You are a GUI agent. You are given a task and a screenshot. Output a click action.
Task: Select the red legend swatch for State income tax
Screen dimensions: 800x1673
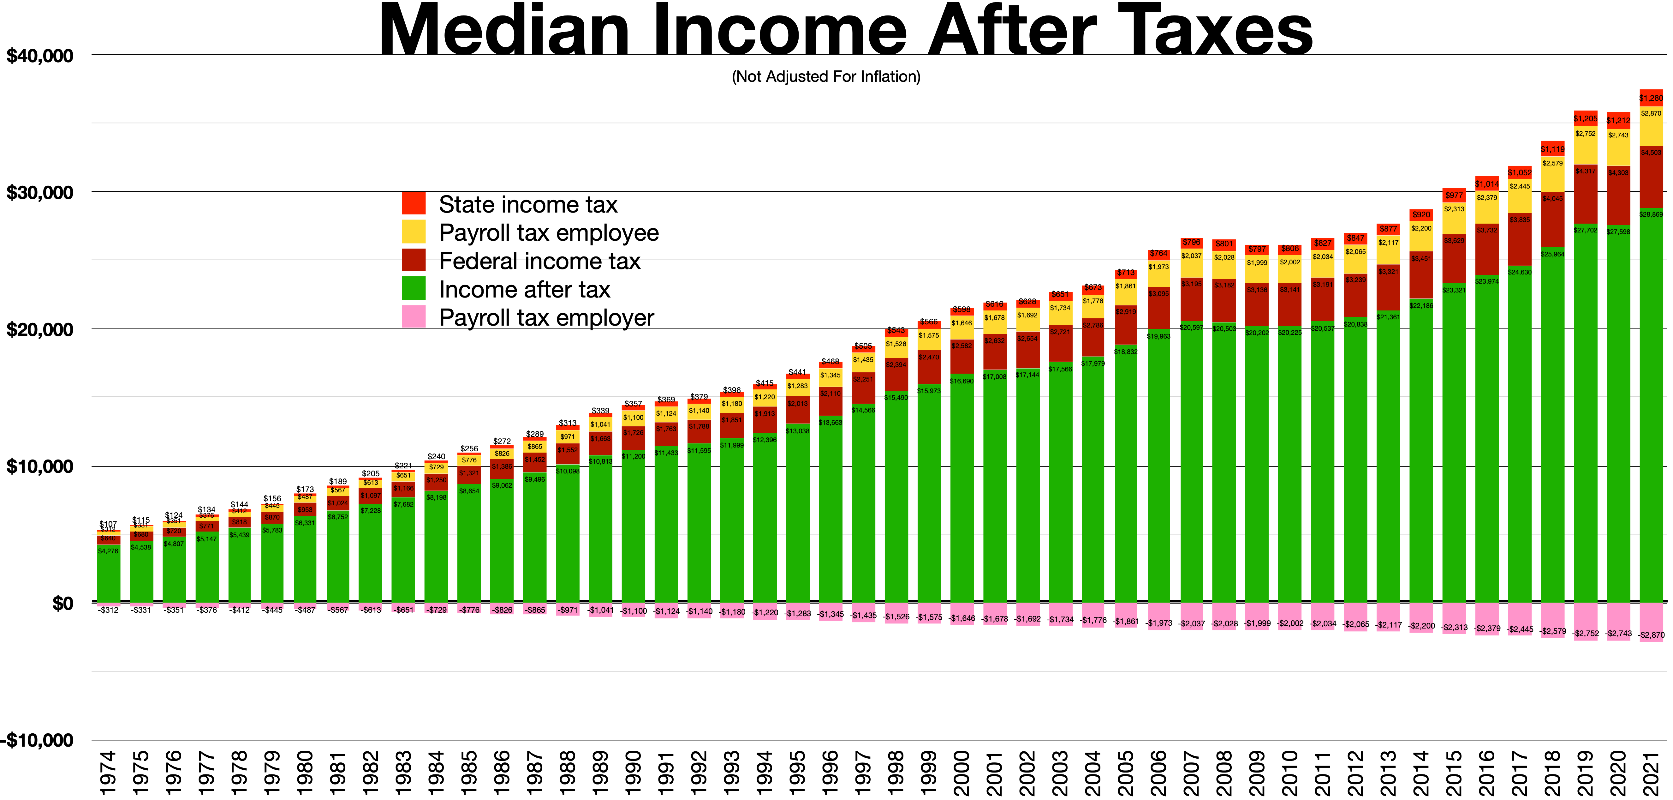point(414,203)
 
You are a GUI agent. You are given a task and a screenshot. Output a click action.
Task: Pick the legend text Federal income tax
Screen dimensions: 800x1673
point(539,261)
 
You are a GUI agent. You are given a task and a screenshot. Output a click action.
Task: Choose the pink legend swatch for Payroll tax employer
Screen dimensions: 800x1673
point(414,317)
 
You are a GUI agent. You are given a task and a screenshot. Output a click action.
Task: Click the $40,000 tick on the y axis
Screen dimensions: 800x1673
point(40,56)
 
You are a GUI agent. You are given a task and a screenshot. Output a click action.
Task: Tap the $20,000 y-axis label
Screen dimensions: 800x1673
point(40,329)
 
